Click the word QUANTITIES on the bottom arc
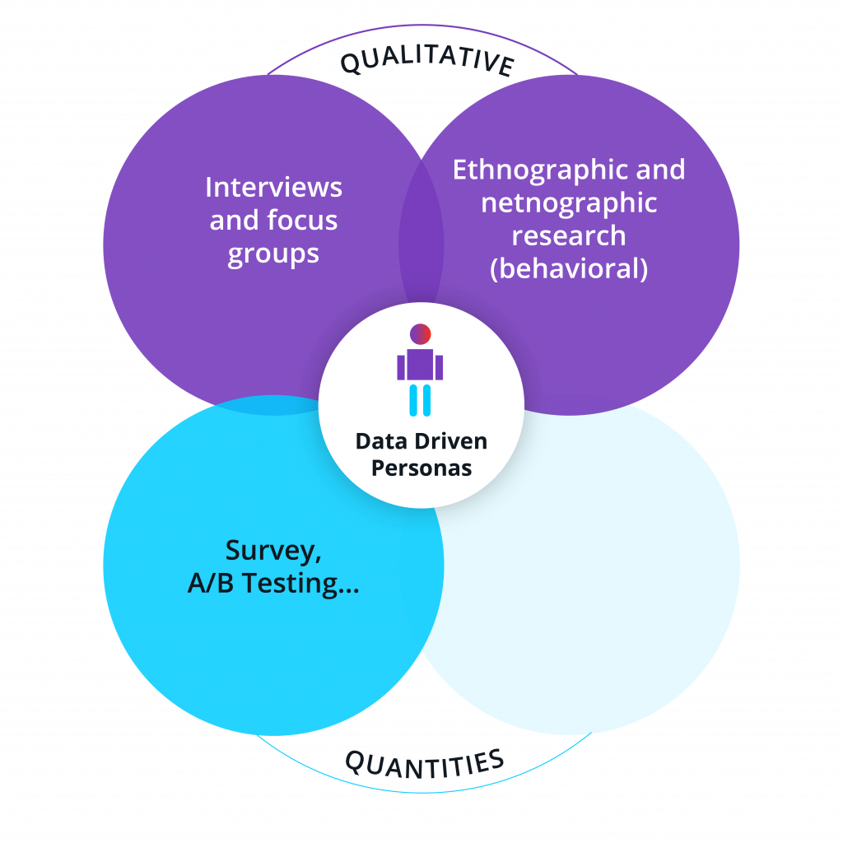pos(423,762)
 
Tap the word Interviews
pos(273,188)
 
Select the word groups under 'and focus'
pos(273,254)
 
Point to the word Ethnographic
pos(540,170)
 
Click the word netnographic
pos(569,203)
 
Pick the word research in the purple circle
pos(569,235)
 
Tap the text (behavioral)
pos(569,268)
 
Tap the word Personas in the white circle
pos(421,468)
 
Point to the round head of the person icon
pos(421,334)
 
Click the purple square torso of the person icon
pos(421,365)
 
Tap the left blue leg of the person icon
pos(414,399)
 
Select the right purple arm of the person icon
pos(439,367)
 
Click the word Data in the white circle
pos(380,441)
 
